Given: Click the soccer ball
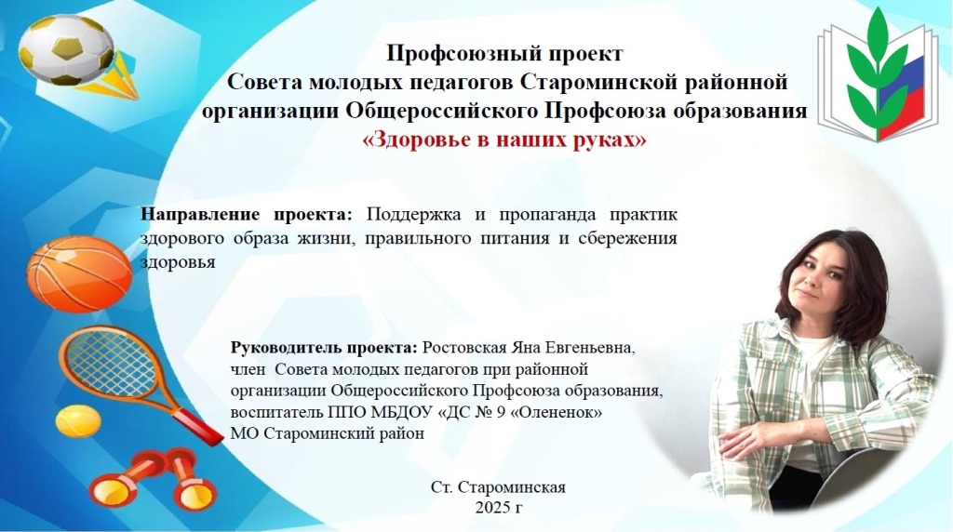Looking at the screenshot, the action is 66,50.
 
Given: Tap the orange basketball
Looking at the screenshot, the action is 80,274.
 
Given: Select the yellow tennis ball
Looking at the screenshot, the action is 78,421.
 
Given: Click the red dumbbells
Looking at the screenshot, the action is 152,480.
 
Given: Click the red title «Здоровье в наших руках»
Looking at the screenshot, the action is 503,140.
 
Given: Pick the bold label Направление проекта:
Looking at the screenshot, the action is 246,215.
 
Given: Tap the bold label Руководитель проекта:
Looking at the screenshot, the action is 324,349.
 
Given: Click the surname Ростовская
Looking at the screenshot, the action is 463,348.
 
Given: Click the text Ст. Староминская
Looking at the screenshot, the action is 499,487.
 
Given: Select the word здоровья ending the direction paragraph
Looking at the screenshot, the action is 178,262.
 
